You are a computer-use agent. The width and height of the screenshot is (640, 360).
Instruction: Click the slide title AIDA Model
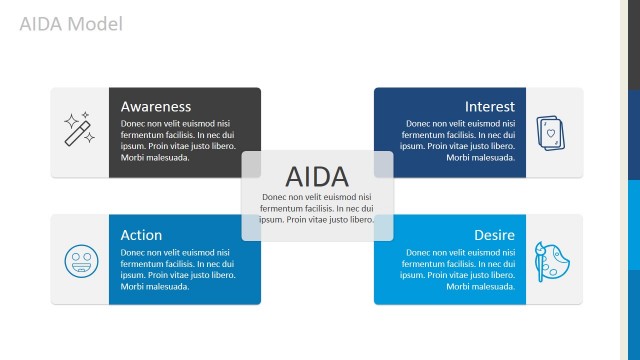click(x=71, y=23)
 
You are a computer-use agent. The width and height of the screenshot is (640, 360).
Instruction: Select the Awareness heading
click(x=155, y=106)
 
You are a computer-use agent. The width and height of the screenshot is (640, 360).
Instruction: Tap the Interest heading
click(x=489, y=106)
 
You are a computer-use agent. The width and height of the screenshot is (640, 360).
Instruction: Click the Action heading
click(x=141, y=235)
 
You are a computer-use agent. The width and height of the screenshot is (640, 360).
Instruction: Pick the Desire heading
click(x=494, y=235)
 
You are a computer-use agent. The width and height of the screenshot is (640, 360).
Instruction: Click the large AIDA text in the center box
click(x=317, y=176)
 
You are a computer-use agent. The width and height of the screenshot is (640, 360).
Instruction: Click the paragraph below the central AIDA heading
click(x=317, y=208)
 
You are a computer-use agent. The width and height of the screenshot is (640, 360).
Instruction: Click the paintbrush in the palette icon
click(x=542, y=253)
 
